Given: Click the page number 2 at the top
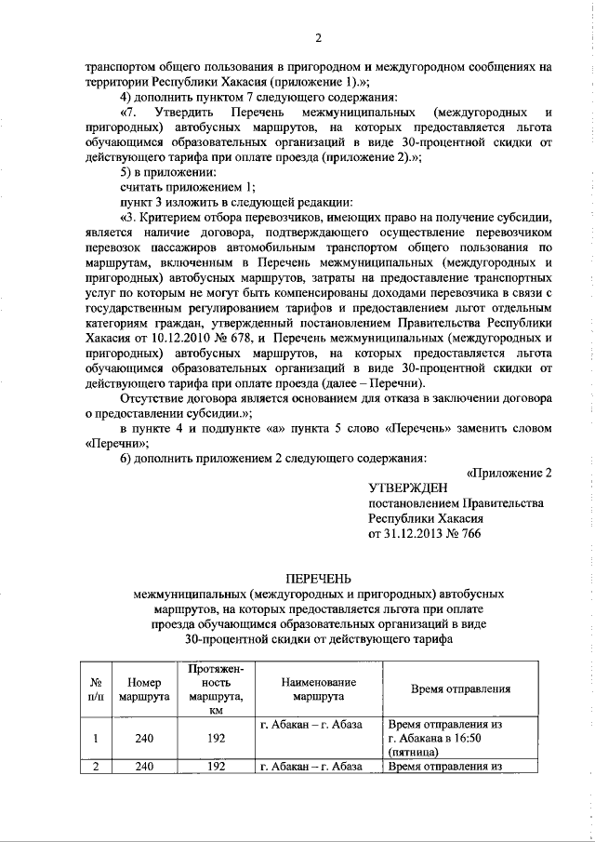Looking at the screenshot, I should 317,38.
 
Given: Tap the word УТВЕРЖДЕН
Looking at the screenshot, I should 407,488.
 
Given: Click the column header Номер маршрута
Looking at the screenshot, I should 138,688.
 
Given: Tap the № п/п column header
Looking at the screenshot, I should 96,688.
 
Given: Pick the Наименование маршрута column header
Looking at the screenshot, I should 318,688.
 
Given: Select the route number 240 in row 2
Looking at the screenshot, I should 138,768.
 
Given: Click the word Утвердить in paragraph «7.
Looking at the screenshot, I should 186,114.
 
